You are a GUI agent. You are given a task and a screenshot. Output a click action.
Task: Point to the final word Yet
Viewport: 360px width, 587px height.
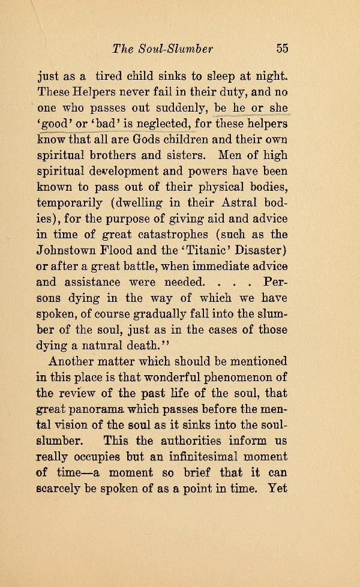pyautogui.click(x=277, y=488)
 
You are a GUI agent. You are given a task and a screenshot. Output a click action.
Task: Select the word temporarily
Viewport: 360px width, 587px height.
pyautogui.click(x=66, y=202)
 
